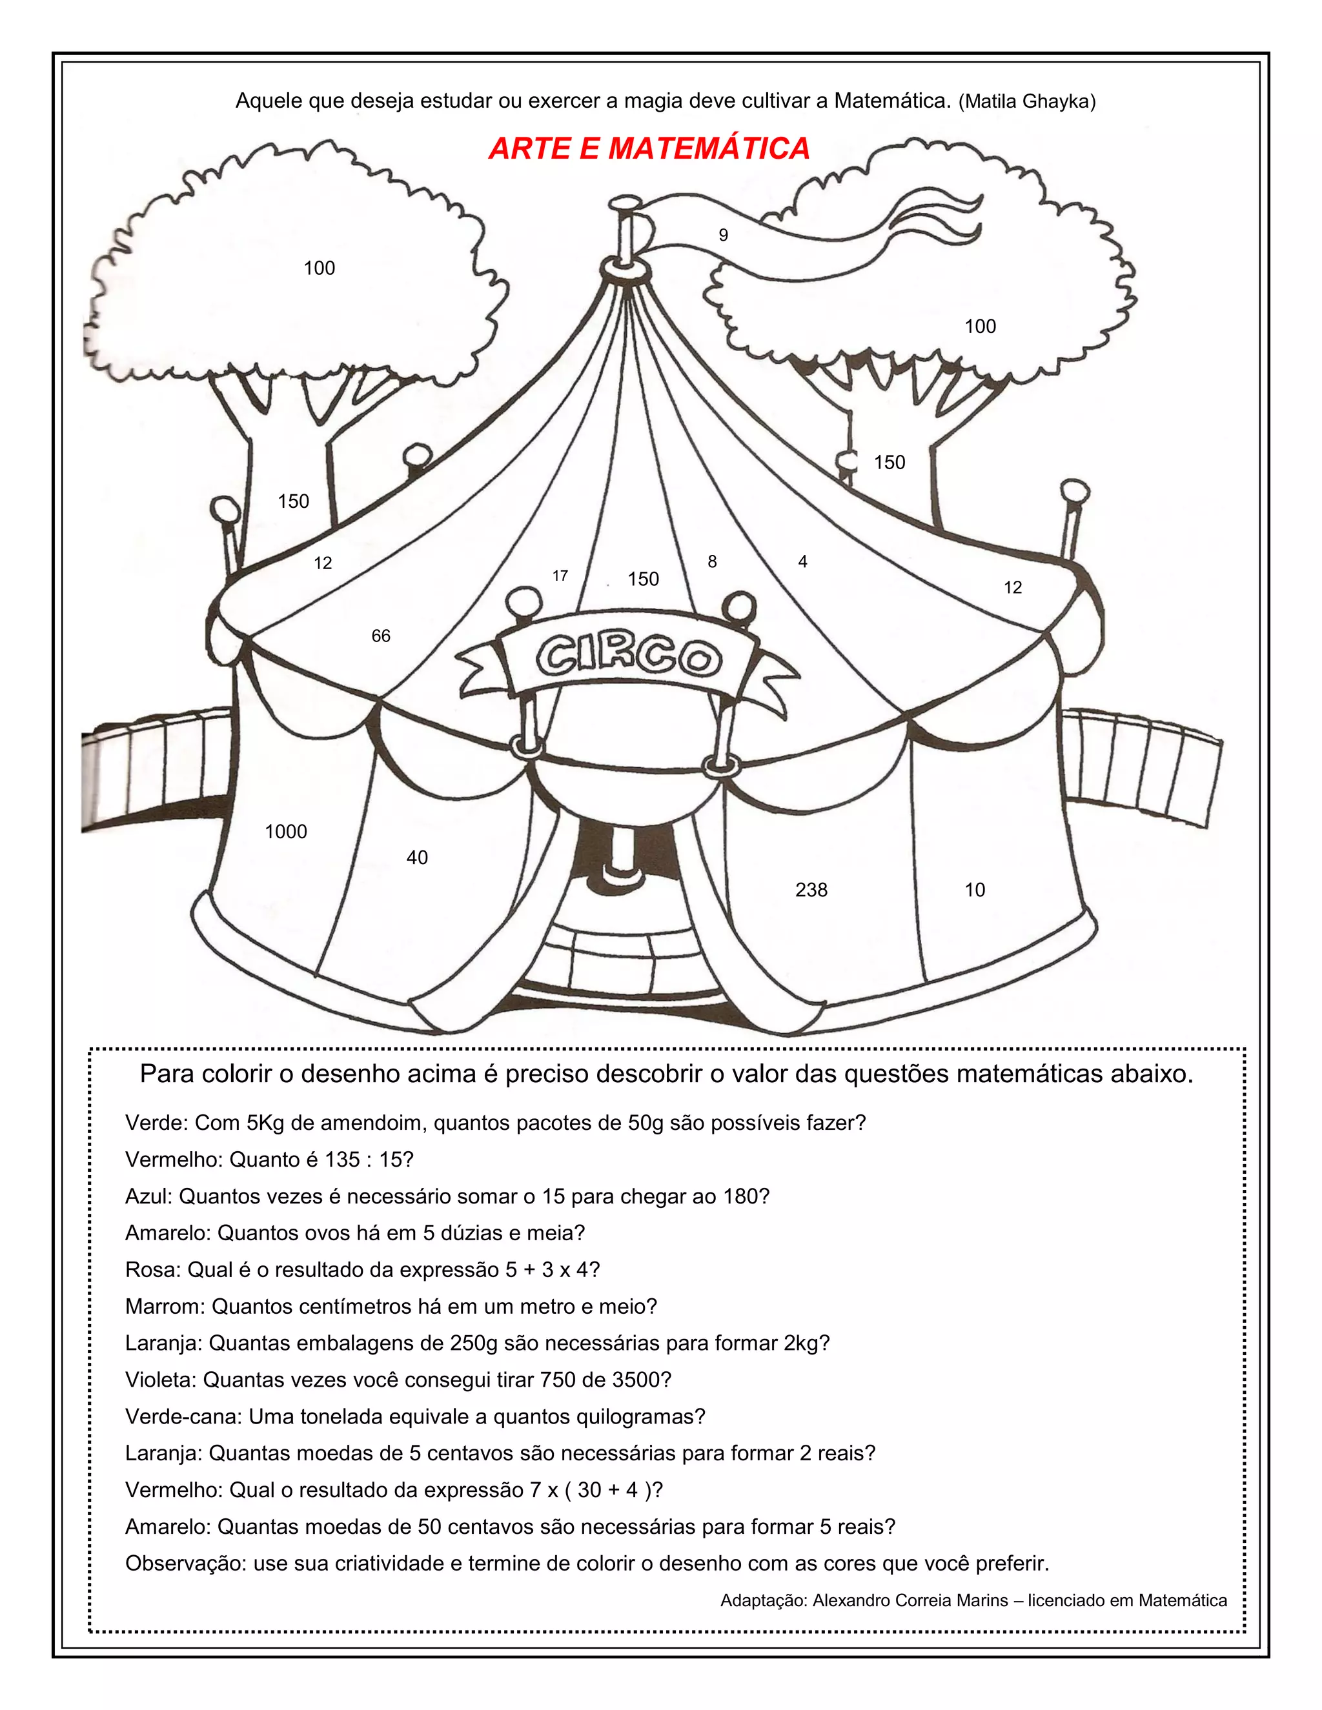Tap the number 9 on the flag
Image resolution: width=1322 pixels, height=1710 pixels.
point(723,235)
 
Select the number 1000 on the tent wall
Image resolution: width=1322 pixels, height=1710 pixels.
point(286,832)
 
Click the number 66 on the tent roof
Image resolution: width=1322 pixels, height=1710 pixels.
point(381,636)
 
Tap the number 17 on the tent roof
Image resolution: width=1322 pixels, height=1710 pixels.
point(559,576)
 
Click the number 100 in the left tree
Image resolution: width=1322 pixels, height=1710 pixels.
point(319,268)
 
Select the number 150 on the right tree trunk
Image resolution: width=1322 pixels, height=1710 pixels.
point(889,462)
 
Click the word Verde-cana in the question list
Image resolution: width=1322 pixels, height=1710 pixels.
point(184,1416)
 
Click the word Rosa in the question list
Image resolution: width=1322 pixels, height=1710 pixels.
point(150,1269)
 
